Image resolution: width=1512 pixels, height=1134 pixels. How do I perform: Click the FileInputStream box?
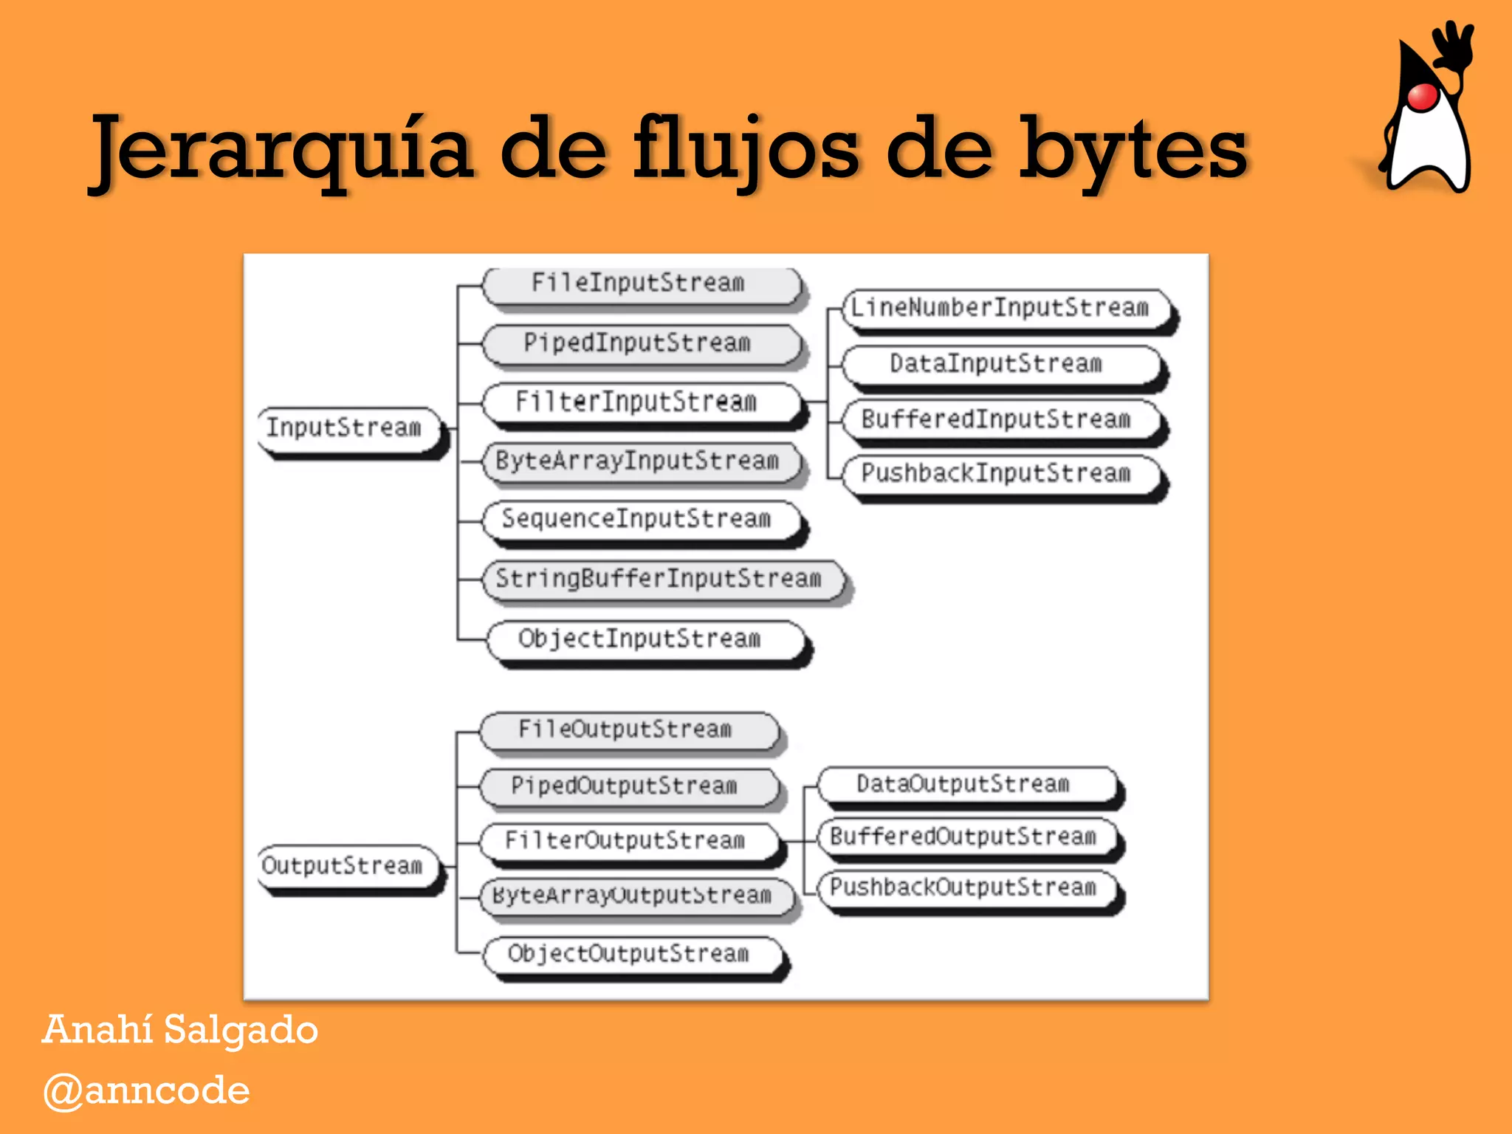pos(639,283)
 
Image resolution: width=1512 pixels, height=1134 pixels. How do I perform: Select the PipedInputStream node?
pos(639,343)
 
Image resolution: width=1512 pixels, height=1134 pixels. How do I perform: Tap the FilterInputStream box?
pos(639,402)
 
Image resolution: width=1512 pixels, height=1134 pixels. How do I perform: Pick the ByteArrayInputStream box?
pos(639,461)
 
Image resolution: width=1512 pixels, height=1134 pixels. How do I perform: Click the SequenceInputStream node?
pos(639,520)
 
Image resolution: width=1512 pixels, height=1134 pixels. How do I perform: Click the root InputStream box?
pos(347,428)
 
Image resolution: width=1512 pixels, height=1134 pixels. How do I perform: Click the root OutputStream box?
pos(346,865)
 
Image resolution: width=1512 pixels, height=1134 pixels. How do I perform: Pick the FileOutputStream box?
pos(628,730)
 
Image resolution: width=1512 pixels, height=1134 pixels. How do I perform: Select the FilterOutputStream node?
pos(628,841)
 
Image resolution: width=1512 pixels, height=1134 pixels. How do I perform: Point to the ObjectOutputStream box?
pos(630,955)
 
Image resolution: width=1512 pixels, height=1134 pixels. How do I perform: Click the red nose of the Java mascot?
pos(1422,97)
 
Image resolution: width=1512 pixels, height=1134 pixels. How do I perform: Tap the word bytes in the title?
pos(1133,151)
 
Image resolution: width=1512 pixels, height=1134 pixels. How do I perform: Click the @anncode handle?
pos(146,1090)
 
